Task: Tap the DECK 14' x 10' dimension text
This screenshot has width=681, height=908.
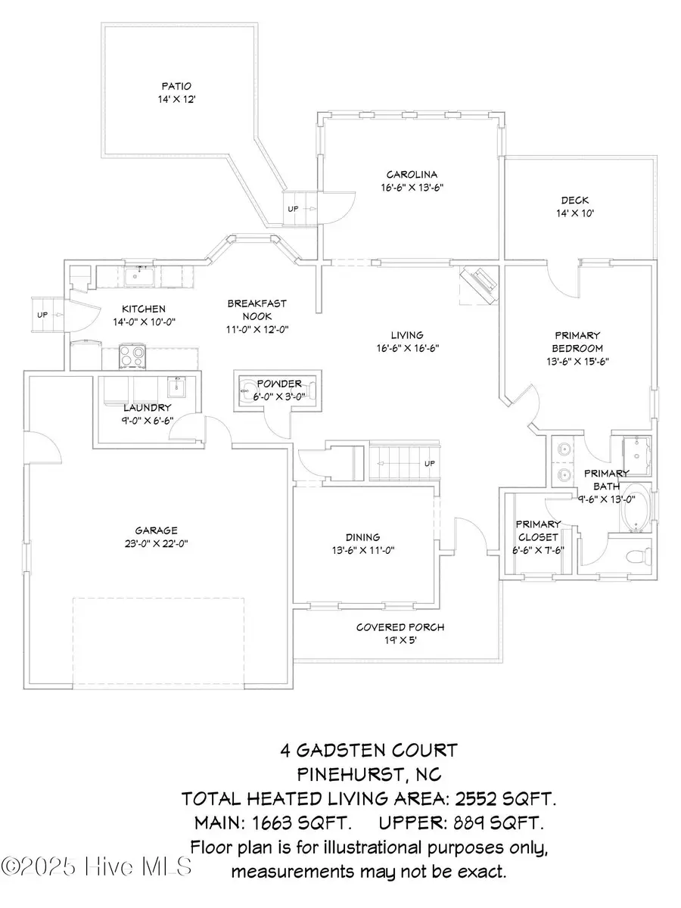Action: (x=574, y=214)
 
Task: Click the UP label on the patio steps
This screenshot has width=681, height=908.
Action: (x=293, y=208)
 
